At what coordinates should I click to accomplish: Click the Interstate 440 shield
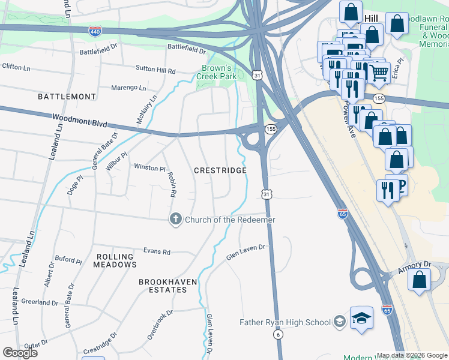pyautogui.click(x=95, y=31)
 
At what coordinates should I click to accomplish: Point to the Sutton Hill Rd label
pyautogui.click(x=155, y=71)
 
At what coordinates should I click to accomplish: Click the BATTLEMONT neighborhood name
pyautogui.click(x=67, y=97)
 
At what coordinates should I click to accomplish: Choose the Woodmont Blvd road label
pyautogui.click(x=79, y=121)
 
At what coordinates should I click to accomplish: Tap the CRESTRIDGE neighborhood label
pyautogui.click(x=220, y=171)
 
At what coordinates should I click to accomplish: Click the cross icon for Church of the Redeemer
pyautogui.click(x=175, y=220)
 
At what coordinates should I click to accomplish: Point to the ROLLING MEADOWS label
pyautogui.click(x=116, y=260)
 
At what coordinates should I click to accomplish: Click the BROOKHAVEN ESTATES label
pyautogui.click(x=163, y=286)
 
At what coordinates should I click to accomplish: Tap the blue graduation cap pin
pyautogui.click(x=362, y=318)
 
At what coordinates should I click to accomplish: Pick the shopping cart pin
pyautogui.click(x=379, y=73)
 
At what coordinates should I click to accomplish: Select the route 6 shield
pyautogui.click(x=279, y=335)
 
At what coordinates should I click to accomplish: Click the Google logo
pyautogui.click(x=20, y=353)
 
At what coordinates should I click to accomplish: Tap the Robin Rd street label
pyautogui.click(x=172, y=185)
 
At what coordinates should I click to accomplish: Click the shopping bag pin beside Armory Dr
pyautogui.click(x=420, y=279)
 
